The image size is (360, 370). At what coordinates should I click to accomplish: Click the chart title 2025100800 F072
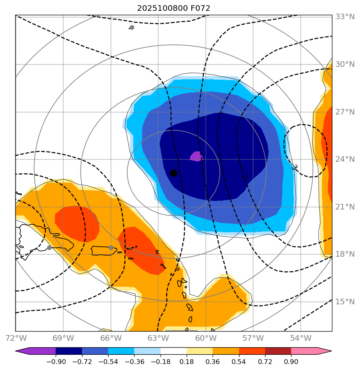[x=173, y=8]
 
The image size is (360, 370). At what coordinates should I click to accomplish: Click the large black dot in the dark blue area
[x=173, y=173]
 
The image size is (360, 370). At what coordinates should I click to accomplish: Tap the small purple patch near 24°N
[x=196, y=156]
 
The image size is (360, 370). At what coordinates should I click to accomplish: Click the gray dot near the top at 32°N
[x=132, y=27]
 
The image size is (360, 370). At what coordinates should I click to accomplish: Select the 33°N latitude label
[x=345, y=17]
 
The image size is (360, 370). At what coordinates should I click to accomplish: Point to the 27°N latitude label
[x=345, y=112]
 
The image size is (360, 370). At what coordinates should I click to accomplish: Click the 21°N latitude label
[x=345, y=207]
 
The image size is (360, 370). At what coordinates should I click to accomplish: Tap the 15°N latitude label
[x=345, y=302]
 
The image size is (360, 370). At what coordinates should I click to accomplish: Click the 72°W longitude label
[x=16, y=338]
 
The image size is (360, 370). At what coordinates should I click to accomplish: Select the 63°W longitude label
[x=158, y=338]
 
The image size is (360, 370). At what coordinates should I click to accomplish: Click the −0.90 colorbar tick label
[x=56, y=362]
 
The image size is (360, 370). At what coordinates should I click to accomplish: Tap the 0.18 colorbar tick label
[x=186, y=362]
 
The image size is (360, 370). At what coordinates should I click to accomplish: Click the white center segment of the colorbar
[x=173, y=351]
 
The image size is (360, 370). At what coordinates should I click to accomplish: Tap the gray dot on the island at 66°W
[x=111, y=247]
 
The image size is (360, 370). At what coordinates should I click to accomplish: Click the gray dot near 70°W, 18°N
[x=49, y=247]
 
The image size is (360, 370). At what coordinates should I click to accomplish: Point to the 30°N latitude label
[x=345, y=64]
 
